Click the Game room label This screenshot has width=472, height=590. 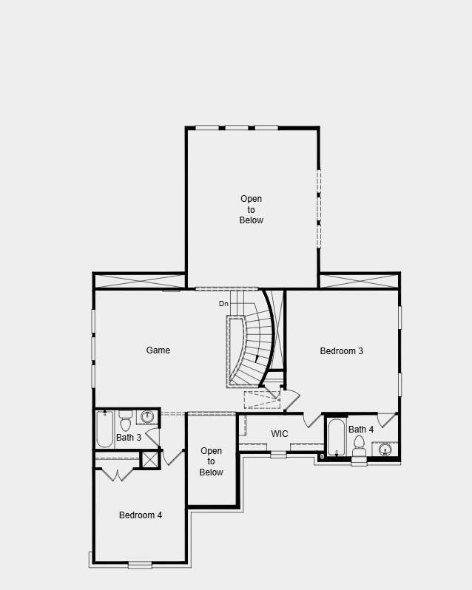[158, 350]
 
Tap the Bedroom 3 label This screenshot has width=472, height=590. [341, 351]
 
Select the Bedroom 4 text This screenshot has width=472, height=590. [141, 515]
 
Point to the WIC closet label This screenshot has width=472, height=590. [280, 434]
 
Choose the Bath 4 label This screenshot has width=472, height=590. [361, 430]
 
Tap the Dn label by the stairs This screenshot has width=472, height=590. [223, 304]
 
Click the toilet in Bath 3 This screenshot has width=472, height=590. [125, 421]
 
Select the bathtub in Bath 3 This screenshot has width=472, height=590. [105, 429]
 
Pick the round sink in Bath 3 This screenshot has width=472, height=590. [147, 417]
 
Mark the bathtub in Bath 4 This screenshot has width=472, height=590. [335, 438]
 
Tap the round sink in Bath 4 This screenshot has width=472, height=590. [385, 449]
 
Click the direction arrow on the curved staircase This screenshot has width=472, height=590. [257, 359]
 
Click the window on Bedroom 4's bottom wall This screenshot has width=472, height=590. [139, 565]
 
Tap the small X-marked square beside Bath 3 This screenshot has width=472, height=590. [150, 459]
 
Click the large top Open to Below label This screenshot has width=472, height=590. [251, 209]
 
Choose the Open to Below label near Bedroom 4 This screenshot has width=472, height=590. [211, 461]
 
